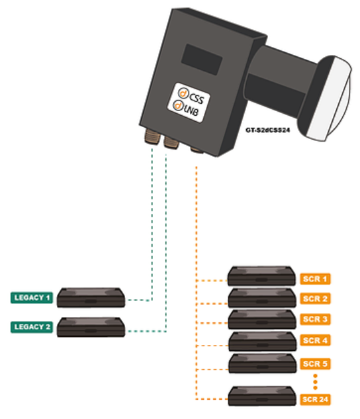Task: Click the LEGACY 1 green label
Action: click(32, 298)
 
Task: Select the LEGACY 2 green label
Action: click(32, 327)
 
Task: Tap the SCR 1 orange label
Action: click(315, 279)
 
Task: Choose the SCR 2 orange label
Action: click(315, 299)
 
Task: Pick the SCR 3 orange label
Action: click(315, 319)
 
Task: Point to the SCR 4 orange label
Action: click(315, 340)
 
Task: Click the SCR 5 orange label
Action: click(315, 364)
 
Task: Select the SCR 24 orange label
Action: click(315, 400)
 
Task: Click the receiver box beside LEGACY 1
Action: click(91, 297)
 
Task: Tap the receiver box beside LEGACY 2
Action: click(91, 327)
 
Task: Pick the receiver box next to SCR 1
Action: click(261, 276)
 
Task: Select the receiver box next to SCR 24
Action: click(262, 396)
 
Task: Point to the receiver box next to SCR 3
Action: click(262, 320)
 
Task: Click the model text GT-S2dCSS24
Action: click(267, 130)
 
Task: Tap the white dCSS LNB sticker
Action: click(189, 103)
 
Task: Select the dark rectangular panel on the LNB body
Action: click(202, 60)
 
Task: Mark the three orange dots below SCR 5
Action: click(315, 381)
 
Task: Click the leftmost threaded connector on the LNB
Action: click(151, 137)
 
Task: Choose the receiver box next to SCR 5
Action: click(263, 363)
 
